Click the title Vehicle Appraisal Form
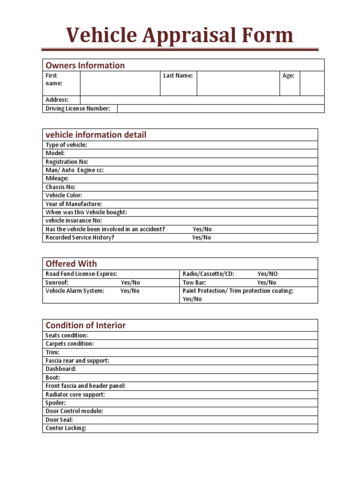pyautogui.click(x=180, y=36)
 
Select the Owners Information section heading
pyautogui.click(x=85, y=65)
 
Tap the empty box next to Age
pyautogui.click(x=312, y=83)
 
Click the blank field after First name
pyautogui.click(x=120, y=83)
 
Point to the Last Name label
pyautogui.click(x=178, y=75)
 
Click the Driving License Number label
pyautogui.click(x=77, y=109)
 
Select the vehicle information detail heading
pyautogui.click(x=96, y=135)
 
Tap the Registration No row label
pyautogui.click(x=67, y=162)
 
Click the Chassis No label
pyautogui.click(x=60, y=187)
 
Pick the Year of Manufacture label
pyautogui.click(x=73, y=204)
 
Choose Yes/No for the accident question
pyautogui.click(x=202, y=229)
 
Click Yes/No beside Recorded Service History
pyautogui.click(x=202, y=238)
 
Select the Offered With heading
pyautogui.click(x=71, y=263)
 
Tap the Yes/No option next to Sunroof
pyautogui.click(x=130, y=283)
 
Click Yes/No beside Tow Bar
pyautogui.click(x=267, y=283)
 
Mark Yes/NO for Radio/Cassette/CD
pyautogui.click(x=267, y=274)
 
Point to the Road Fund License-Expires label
pyautogui.click(x=81, y=274)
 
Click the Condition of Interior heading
pyautogui.click(x=85, y=325)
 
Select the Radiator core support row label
pyautogui.click(x=75, y=395)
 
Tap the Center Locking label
pyautogui.click(x=66, y=428)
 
